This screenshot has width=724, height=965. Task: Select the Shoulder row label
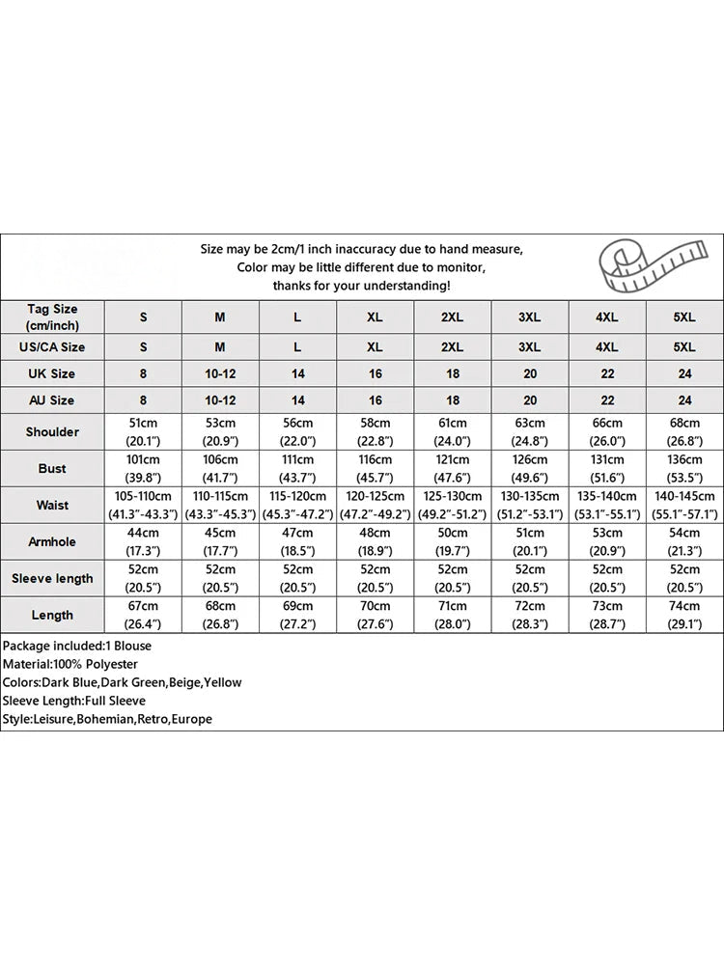tap(52, 432)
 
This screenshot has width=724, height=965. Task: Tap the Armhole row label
tap(52, 541)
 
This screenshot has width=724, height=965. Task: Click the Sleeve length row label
tap(52, 578)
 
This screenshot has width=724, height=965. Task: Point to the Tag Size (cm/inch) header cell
tap(52, 317)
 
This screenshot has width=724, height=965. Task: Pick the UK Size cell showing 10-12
tap(220, 373)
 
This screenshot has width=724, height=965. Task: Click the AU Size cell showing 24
tap(683, 400)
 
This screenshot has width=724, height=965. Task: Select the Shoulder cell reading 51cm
tap(143, 431)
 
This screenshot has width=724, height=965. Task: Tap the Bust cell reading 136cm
tap(683, 468)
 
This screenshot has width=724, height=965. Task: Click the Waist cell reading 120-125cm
tap(375, 505)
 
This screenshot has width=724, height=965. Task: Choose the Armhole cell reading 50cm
tap(452, 541)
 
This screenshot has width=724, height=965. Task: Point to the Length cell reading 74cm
tap(683, 615)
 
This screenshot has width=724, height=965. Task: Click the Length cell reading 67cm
tap(143, 615)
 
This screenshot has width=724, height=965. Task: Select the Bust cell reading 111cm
tap(297, 468)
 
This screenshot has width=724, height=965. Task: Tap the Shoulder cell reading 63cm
tap(529, 431)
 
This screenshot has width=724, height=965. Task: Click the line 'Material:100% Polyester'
tap(70, 664)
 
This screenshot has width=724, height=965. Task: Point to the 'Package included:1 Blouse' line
tap(76, 646)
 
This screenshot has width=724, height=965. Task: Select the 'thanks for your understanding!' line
tap(361, 286)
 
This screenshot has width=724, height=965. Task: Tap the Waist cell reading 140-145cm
tap(683, 505)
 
